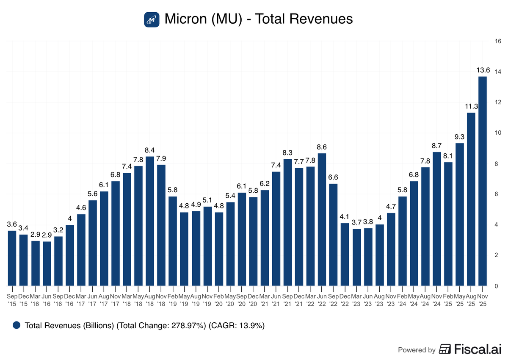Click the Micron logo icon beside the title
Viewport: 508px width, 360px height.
coord(151,19)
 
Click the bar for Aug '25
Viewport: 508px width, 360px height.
coord(471,199)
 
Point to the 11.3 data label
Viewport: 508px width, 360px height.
coord(471,106)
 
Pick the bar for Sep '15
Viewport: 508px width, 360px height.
coord(12,258)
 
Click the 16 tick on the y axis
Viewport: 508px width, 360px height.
coord(498,41)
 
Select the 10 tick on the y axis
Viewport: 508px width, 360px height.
coord(498,133)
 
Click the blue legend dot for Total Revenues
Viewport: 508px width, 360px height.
coord(17,325)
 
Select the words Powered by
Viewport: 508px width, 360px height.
coord(417,350)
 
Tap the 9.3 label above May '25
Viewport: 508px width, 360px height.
coord(459,136)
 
